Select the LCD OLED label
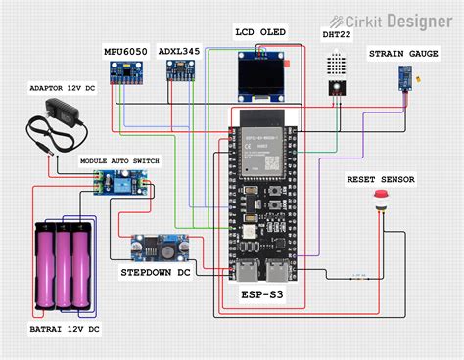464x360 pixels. pyautogui.click(x=260, y=32)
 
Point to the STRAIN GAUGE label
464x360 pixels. pyautogui.click(x=402, y=53)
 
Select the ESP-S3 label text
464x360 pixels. pyautogui.click(x=263, y=293)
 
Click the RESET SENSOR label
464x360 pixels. pyautogui.click(x=381, y=180)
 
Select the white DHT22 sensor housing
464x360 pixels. pyautogui.click(x=336, y=67)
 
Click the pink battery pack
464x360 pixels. pyautogui.click(x=66, y=267)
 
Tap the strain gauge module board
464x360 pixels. pyautogui.click(x=402, y=75)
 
